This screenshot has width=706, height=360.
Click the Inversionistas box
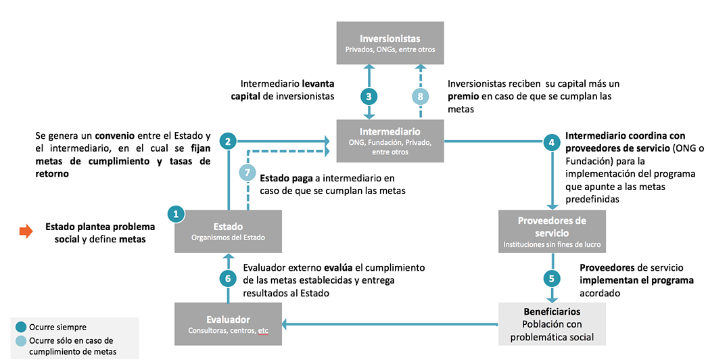tap(390, 43)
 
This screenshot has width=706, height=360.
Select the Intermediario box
tap(390, 141)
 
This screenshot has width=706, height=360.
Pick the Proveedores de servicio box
tap(552, 231)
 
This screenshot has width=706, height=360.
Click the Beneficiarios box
tap(552, 324)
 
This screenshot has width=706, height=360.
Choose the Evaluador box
tap(227, 324)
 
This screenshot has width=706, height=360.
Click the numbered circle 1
tap(176, 213)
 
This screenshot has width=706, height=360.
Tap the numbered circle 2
tap(228, 141)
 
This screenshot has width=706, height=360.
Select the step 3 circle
tap(369, 96)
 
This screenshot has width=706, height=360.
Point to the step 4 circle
tap(552, 141)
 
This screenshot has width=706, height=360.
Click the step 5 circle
tap(552, 277)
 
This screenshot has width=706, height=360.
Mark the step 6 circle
tap(228, 277)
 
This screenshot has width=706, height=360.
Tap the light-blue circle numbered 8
tap(421, 96)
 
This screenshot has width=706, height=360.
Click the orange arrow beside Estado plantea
tap(26, 231)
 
